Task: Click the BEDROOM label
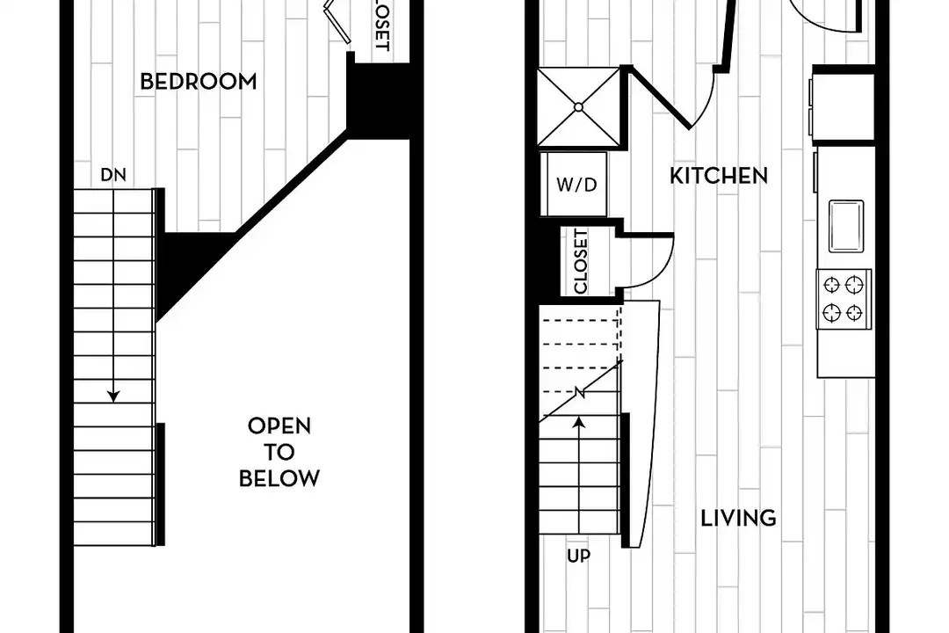(x=198, y=81)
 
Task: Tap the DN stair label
(x=113, y=175)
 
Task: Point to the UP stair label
(x=578, y=556)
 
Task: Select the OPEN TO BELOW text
(x=279, y=452)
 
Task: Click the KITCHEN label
(x=719, y=176)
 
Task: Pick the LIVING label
(x=738, y=518)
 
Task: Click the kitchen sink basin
(x=846, y=226)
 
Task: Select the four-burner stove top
(x=844, y=299)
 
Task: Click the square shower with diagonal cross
(x=578, y=107)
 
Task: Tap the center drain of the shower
(x=578, y=107)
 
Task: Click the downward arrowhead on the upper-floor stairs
(x=113, y=397)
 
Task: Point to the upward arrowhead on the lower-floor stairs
(x=579, y=422)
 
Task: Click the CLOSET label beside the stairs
(x=581, y=261)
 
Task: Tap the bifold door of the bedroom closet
(x=337, y=23)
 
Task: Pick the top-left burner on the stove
(x=832, y=284)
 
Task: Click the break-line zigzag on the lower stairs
(x=580, y=392)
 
